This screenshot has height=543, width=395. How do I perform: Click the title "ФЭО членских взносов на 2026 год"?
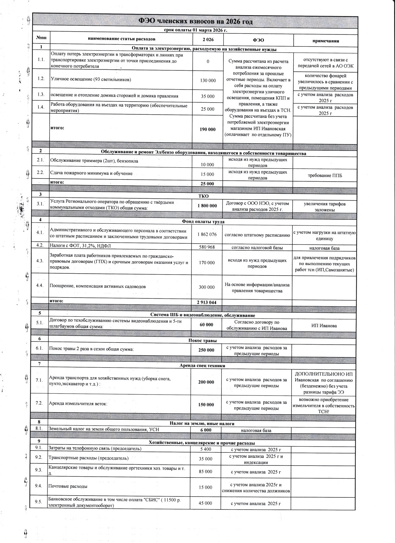click(x=195, y=21)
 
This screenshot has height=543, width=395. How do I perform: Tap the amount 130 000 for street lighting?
click(x=208, y=81)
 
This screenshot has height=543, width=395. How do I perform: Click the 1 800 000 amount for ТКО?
click(x=207, y=206)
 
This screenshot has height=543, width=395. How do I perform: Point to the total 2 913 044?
click(x=206, y=302)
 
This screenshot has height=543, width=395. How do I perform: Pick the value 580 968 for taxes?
click(x=207, y=247)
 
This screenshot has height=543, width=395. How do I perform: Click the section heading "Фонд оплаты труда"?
click(x=203, y=222)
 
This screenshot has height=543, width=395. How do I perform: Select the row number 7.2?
click(x=39, y=404)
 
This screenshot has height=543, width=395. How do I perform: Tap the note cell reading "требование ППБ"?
click(x=324, y=176)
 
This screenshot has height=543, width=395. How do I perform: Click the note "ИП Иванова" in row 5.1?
click(x=324, y=325)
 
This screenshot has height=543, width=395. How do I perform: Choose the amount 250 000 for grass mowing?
click(x=206, y=350)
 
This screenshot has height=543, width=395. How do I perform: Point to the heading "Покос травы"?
click(x=203, y=341)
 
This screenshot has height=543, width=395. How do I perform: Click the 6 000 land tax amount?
click(x=206, y=430)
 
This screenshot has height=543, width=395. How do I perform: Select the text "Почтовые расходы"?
click(x=68, y=486)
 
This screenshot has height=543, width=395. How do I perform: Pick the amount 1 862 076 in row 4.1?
click(x=207, y=234)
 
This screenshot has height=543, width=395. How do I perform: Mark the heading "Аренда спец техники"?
click(x=202, y=365)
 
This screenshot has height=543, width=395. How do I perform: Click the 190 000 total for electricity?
click(x=208, y=129)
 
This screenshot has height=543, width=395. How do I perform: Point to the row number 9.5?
click(x=39, y=502)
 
